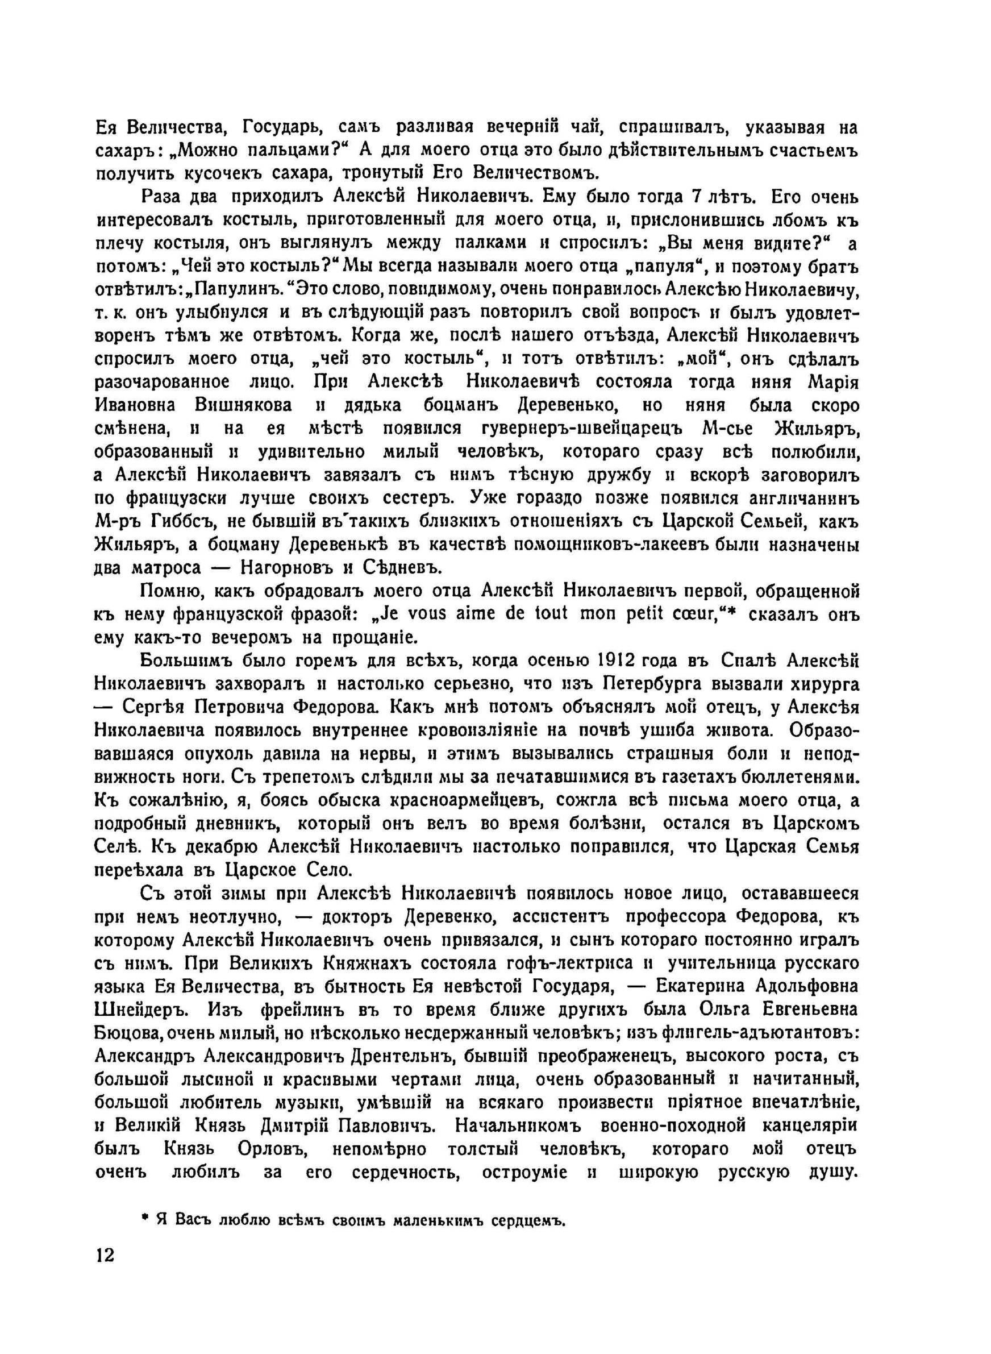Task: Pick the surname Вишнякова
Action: (244, 405)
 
